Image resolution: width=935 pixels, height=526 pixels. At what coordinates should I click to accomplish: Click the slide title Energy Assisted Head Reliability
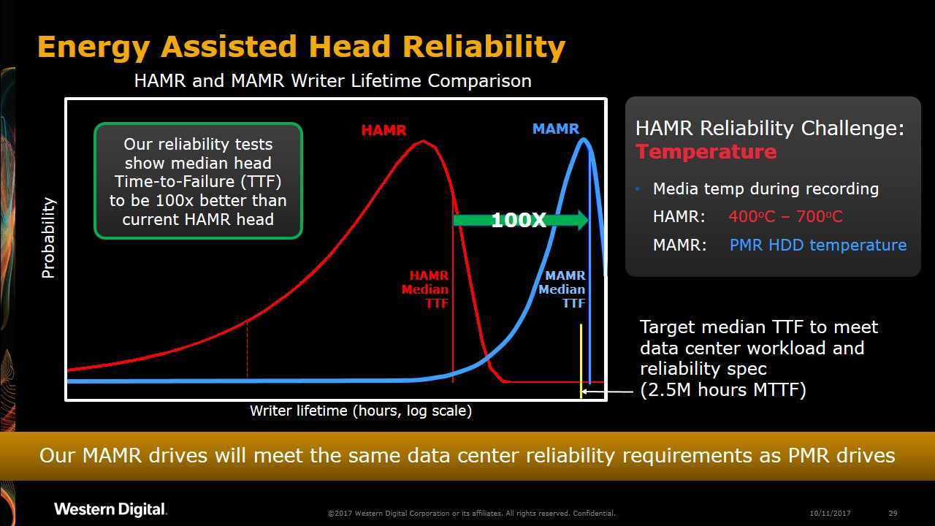(x=301, y=47)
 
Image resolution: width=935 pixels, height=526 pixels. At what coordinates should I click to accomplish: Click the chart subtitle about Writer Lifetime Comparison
(x=332, y=80)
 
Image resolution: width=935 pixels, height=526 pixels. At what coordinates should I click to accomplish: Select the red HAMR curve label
(x=383, y=130)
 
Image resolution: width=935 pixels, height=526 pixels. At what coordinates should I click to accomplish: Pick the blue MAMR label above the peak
(x=555, y=129)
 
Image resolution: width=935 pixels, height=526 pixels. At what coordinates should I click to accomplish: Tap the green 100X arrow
(x=520, y=220)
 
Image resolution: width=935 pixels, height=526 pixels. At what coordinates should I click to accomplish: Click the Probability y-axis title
(x=48, y=238)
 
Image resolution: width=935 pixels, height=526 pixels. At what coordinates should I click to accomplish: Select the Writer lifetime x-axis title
(x=361, y=411)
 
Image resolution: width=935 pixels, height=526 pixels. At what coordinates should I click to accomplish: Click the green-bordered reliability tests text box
(x=198, y=181)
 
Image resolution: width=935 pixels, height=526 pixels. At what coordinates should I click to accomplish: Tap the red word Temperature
(x=706, y=152)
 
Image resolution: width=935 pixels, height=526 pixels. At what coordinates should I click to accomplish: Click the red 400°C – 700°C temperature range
(x=785, y=217)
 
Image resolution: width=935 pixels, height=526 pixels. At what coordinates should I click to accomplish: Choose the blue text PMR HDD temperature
(x=818, y=245)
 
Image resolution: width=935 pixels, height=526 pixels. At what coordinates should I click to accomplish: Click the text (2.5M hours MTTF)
(x=722, y=390)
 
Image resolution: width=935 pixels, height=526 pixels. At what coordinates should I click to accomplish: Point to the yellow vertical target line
(x=581, y=358)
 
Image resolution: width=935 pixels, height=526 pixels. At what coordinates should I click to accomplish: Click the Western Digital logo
(x=110, y=509)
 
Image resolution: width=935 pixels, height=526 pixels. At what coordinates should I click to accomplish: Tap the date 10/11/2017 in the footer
(x=831, y=513)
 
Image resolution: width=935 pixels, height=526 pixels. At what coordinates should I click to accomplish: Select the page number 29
(x=893, y=513)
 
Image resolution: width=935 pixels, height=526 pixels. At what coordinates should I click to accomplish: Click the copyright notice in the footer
(x=471, y=513)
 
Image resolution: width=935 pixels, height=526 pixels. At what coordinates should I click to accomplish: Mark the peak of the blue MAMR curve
(x=584, y=140)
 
